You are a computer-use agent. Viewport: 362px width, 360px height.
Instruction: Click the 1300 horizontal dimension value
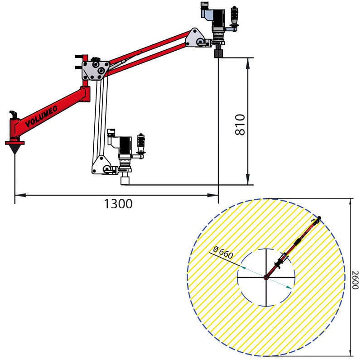(x=118, y=204)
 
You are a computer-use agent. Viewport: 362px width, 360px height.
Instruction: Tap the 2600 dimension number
(x=356, y=280)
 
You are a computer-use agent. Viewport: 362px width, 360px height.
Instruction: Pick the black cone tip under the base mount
(x=15, y=149)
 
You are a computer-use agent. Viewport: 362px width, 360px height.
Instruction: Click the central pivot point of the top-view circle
(x=266, y=277)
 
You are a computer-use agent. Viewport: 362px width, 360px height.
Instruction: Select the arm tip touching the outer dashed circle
(x=319, y=219)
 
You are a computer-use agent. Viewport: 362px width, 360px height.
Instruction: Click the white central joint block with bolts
(x=96, y=70)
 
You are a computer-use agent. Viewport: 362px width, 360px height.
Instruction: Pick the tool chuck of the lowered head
(x=125, y=180)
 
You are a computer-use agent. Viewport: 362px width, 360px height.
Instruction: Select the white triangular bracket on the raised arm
(x=195, y=38)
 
